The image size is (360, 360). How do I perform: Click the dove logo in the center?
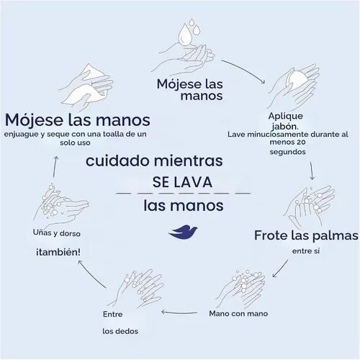point(183,232)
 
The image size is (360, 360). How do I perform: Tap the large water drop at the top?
point(185,34)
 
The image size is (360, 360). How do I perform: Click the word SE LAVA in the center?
point(182,182)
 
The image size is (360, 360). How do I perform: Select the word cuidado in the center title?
point(117,161)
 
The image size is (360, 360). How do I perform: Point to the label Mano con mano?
point(238,313)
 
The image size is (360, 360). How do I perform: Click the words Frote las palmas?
point(306,235)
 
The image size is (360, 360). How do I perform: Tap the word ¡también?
point(58,252)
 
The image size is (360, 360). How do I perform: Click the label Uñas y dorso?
point(57,233)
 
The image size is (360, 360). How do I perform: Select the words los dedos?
point(120,331)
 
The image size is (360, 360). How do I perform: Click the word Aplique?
point(286,117)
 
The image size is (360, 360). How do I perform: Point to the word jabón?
point(285,127)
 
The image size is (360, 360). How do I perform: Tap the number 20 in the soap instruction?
point(301,142)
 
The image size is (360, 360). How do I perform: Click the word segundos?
point(287,152)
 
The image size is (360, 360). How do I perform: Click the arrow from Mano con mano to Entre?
point(179,312)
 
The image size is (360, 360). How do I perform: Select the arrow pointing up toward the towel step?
point(55,167)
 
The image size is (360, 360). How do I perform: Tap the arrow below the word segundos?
point(312,171)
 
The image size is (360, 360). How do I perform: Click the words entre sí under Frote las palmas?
point(306,251)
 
